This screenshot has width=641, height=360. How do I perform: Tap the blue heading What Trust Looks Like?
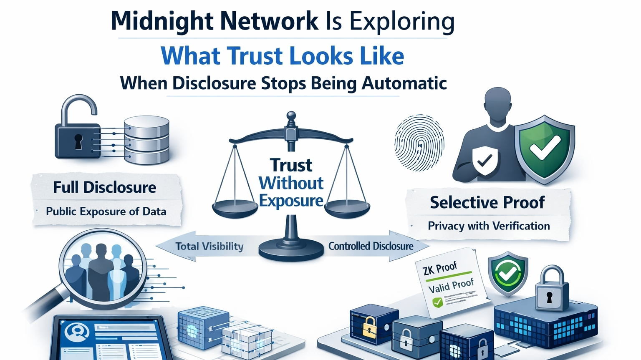point(283,56)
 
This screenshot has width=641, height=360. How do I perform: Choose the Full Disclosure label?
point(105,187)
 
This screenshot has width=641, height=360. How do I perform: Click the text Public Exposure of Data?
point(106,211)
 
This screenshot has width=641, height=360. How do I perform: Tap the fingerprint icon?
point(419,143)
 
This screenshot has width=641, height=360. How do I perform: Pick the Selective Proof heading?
point(487,203)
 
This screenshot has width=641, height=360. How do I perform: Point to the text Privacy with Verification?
point(489,226)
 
